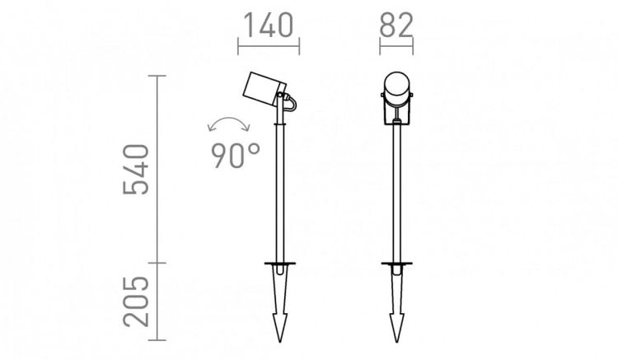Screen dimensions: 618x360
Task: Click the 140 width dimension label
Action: pyautogui.click(x=269, y=26)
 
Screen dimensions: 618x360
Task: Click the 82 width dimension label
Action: pyautogui.click(x=396, y=26)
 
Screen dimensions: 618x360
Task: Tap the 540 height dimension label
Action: pyautogui.click(x=136, y=170)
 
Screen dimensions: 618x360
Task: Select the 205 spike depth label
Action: pyautogui.click(x=136, y=302)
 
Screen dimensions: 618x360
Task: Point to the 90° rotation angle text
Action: pyautogui.click(x=236, y=156)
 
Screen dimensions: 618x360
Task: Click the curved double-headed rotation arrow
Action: pyautogui.click(x=228, y=118)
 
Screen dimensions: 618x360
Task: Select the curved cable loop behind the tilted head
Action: pyautogui.click(x=293, y=103)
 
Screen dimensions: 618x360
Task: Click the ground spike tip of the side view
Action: pyautogui.click(x=280, y=341)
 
